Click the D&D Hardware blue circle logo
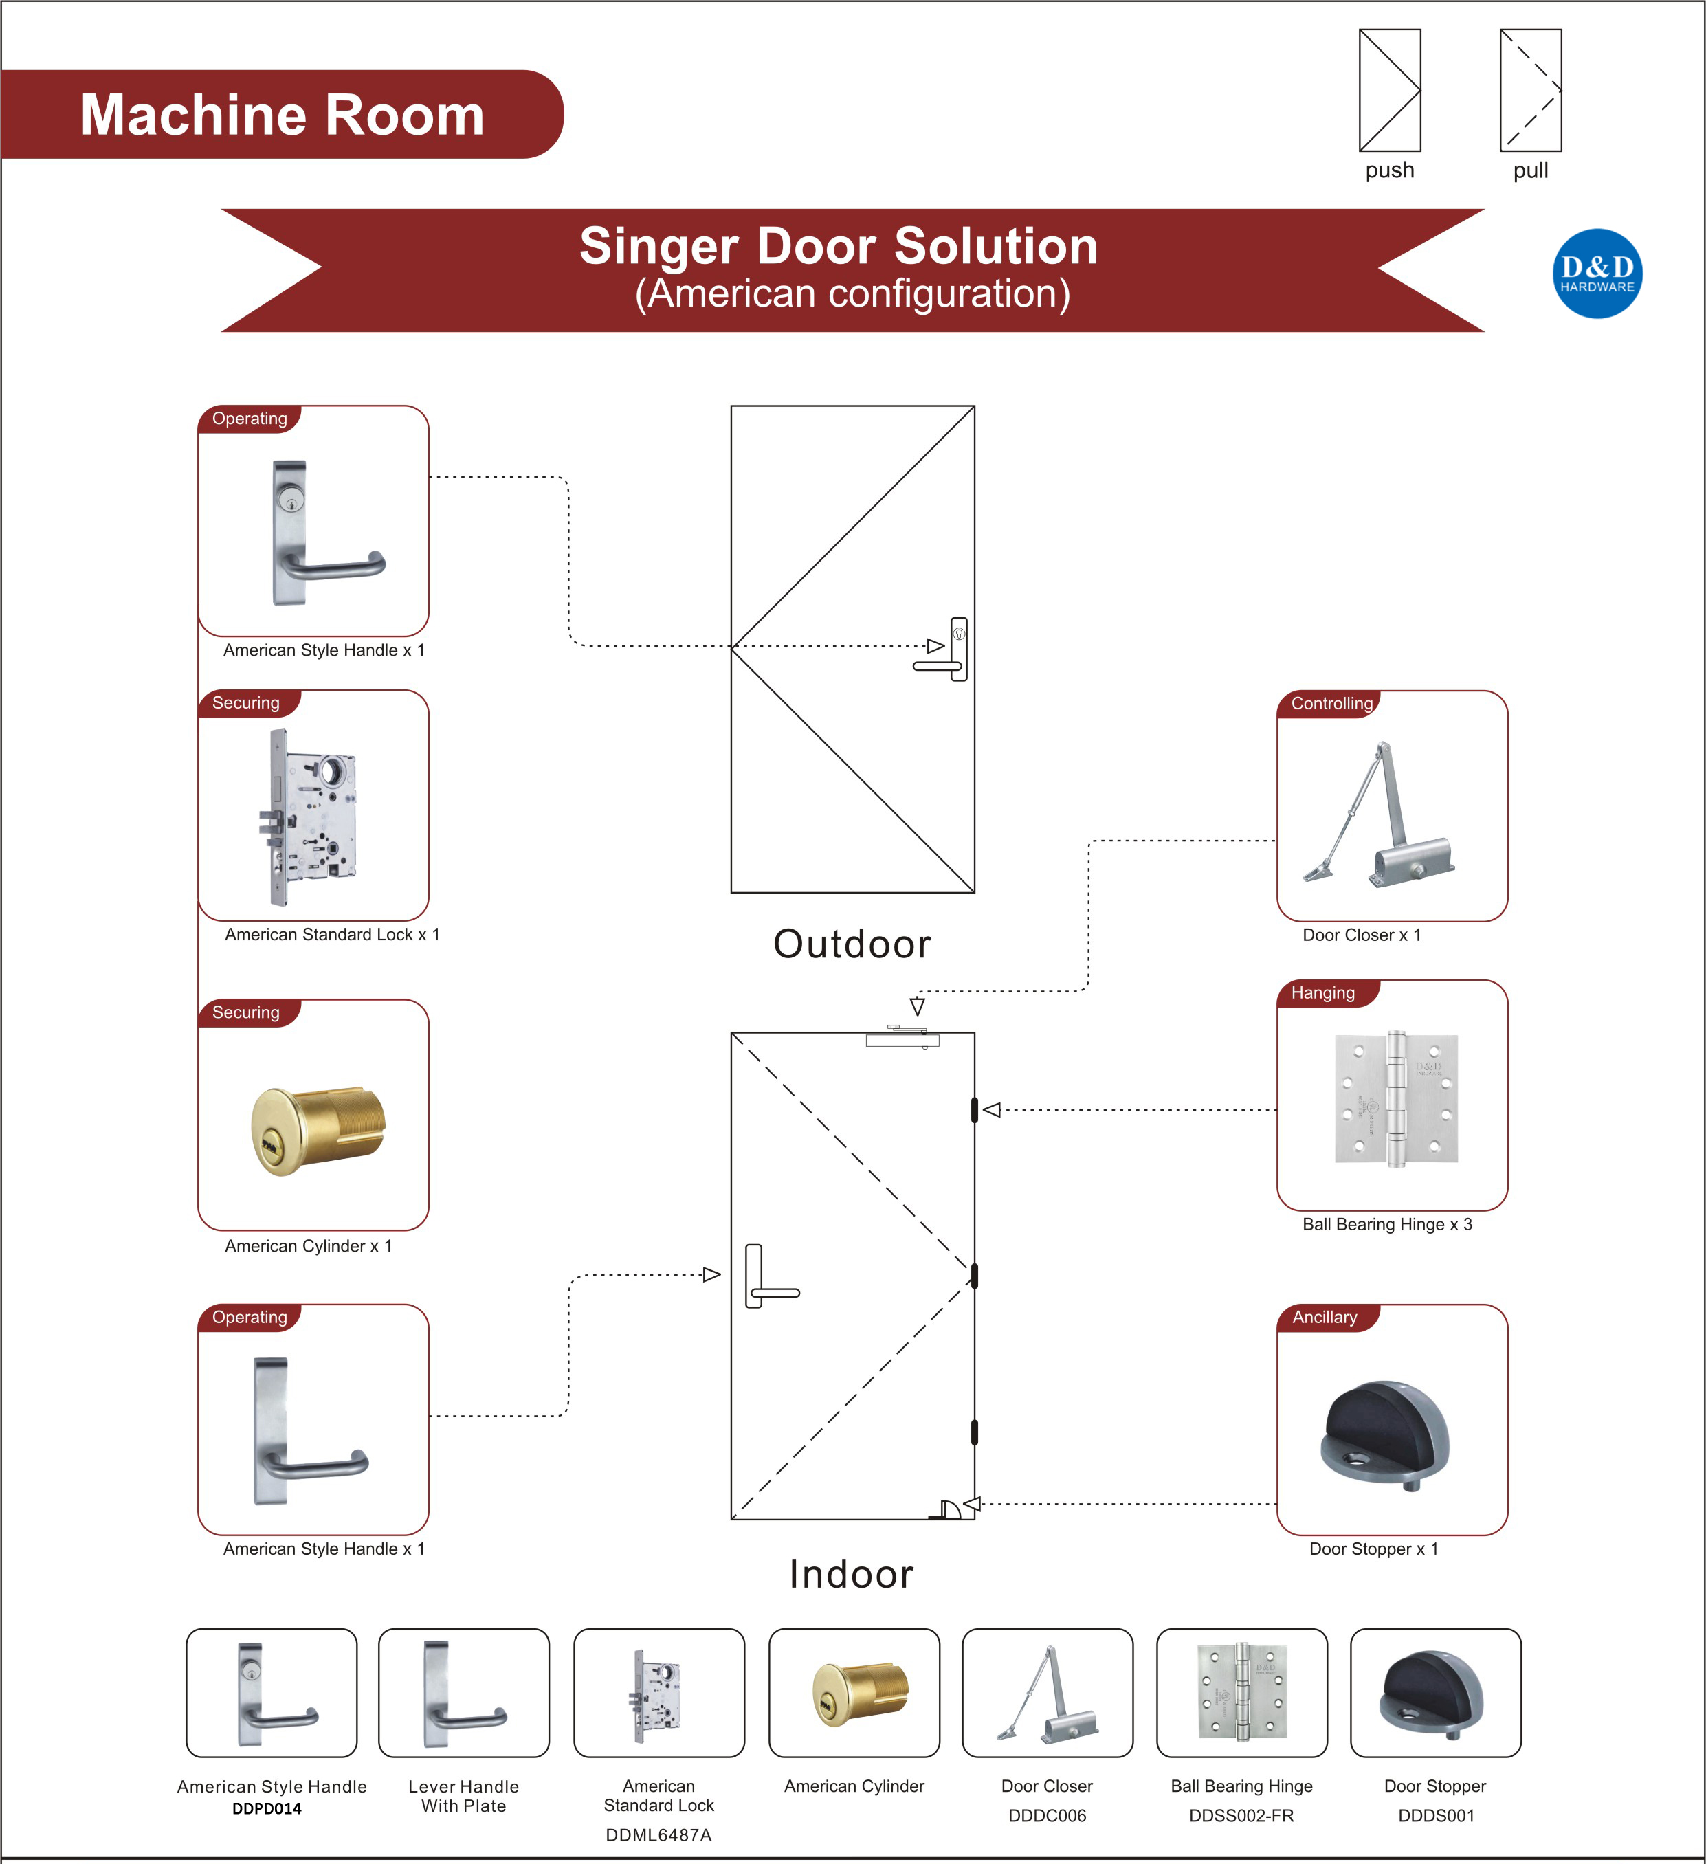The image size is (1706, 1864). click(x=1597, y=274)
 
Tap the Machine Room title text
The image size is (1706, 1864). click(x=282, y=115)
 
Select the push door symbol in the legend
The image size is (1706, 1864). click(x=1389, y=89)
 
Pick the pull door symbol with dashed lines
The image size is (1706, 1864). click(x=1530, y=89)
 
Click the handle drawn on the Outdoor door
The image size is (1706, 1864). click(x=948, y=650)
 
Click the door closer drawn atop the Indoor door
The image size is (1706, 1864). click(x=902, y=1037)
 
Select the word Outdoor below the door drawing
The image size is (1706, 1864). click(x=852, y=944)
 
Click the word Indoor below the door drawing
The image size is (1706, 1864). click(x=852, y=1574)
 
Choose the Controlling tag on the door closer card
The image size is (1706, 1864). click(x=1331, y=704)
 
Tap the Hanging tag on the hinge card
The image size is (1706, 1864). click(x=1322, y=993)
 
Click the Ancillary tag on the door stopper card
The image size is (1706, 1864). click(x=1324, y=1318)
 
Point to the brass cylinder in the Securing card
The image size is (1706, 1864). click(x=317, y=1130)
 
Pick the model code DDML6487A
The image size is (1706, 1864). click(x=658, y=1835)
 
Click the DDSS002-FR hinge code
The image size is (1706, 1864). click(x=1241, y=1816)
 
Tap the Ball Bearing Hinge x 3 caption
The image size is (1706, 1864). click(x=1387, y=1224)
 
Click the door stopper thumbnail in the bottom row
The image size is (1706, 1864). click(x=1435, y=1694)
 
